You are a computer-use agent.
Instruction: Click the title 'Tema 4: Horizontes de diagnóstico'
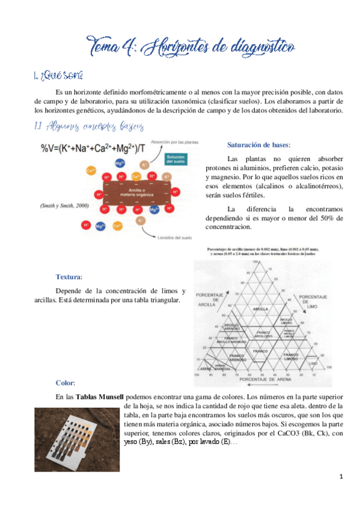190,46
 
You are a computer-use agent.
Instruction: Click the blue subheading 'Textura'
69,277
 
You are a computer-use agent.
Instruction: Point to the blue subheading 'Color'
64,382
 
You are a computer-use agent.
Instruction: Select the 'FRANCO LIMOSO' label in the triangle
291,357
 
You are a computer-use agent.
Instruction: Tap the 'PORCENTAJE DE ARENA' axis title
260,379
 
